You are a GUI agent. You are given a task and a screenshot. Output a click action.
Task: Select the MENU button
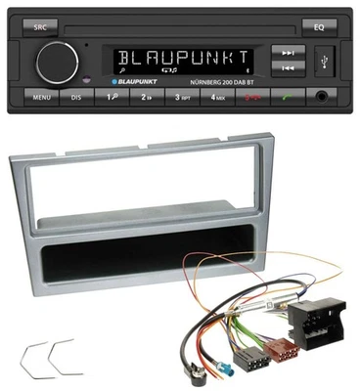[x=41, y=99]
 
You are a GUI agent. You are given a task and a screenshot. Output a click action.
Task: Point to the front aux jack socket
[x=321, y=98]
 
